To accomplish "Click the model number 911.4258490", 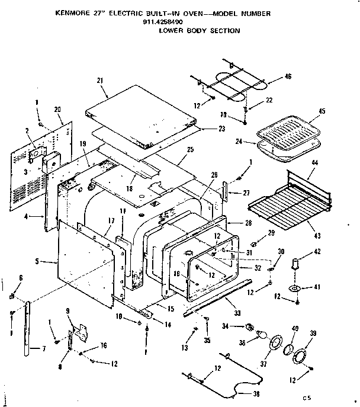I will (x=163, y=22).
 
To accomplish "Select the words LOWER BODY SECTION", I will (x=200, y=30).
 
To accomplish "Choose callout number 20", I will (x=57, y=109).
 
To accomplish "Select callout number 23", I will (x=205, y=128).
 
